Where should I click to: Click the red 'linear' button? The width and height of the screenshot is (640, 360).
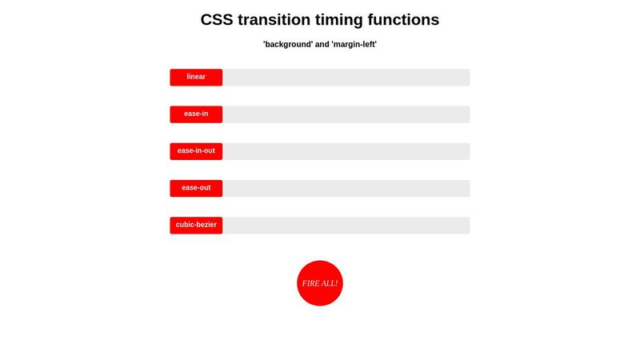(x=196, y=77)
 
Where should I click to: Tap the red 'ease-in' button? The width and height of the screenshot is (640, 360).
(x=196, y=114)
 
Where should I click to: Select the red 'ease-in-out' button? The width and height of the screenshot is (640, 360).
(x=196, y=150)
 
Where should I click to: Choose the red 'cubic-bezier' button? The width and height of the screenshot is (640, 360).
(x=196, y=225)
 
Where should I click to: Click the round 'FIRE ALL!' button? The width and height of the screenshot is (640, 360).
(x=320, y=283)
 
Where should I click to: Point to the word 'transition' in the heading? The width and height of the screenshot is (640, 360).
(x=282, y=20)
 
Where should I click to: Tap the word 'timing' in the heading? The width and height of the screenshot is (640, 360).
(x=357, y=20)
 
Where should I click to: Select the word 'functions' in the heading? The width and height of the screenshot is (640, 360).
(x=414, y=20)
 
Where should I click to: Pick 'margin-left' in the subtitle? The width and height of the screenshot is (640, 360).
(x=354, y=45)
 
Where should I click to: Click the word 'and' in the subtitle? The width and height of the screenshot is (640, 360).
(x=322, y=45)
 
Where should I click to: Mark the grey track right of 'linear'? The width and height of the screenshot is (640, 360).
(x=346, y=77)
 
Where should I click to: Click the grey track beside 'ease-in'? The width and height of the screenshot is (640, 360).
(x=346, y=114)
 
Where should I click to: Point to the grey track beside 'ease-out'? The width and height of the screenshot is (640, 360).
(x=346, y=188)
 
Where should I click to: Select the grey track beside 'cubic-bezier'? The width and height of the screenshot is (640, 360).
(x=346, y=225)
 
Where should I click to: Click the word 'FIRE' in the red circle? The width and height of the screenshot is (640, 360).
(x=310, y=283)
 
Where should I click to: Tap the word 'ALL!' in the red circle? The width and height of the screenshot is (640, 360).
(x=330, y=283)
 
